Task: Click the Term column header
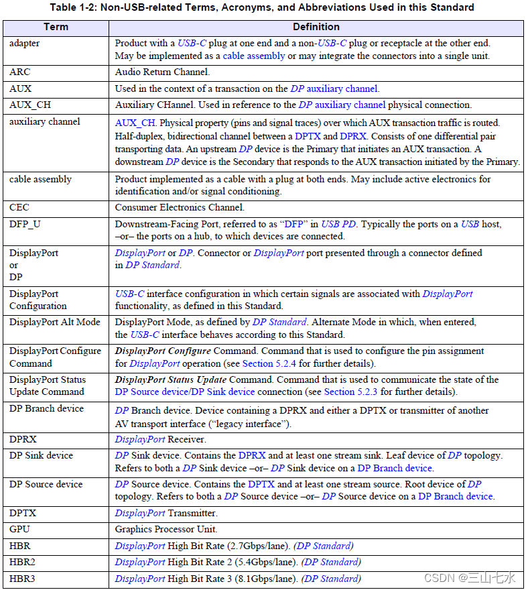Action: (56, 27)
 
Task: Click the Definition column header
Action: (316, 27)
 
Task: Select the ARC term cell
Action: (20, 72)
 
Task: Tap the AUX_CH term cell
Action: (29, 105)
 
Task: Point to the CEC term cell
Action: (20, 208)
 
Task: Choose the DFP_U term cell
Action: (25, 224)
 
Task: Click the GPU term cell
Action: (20, 530)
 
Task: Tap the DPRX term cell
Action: (23, 439)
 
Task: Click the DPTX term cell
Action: (23, 514)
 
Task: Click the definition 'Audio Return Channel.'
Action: (162, 72)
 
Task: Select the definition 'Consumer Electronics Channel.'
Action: (179, 208)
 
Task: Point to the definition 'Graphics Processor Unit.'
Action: (167, 530)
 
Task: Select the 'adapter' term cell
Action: (25, 43)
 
